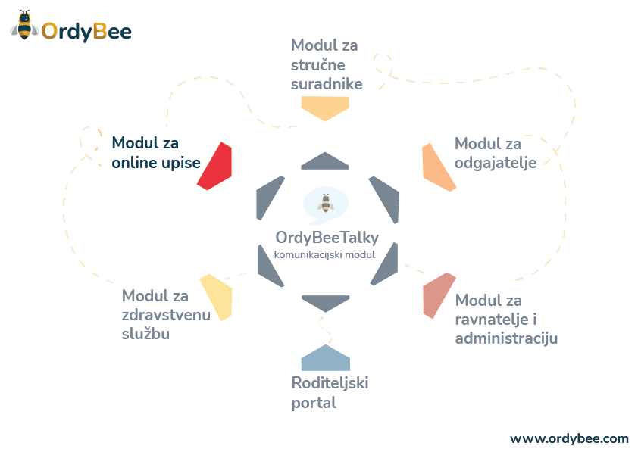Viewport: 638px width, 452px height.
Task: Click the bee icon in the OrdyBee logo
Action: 24,26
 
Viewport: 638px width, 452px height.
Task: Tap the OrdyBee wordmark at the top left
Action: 86,31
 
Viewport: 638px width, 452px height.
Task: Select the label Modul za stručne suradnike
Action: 327,64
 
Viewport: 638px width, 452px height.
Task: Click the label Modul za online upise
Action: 156,152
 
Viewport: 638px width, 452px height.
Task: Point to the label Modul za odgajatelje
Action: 496,153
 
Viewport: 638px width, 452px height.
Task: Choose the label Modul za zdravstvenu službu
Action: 166,314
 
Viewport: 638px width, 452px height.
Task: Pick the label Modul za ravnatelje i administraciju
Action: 506,319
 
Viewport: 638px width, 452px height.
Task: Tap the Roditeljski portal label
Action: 330,392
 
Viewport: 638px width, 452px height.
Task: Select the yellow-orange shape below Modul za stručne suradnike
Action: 325,108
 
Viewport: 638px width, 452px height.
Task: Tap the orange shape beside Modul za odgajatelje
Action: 437,167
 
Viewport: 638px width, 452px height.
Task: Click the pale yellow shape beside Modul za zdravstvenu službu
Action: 216,297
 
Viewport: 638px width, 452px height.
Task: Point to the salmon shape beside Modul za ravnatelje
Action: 437,297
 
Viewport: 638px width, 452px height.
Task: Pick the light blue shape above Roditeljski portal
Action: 326,357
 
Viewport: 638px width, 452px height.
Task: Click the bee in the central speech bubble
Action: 326,204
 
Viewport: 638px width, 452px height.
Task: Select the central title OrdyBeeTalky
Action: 327,238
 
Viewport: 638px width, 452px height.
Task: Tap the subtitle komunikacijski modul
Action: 325,255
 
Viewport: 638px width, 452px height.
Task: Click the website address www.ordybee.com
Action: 569,438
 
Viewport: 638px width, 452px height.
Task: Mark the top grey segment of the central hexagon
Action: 325,161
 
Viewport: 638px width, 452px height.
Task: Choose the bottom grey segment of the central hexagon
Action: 326,303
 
